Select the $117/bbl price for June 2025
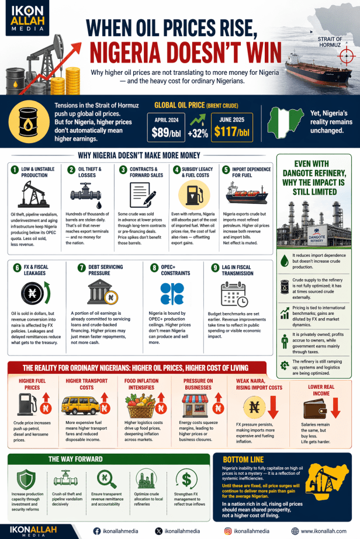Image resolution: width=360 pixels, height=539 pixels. [231, 132]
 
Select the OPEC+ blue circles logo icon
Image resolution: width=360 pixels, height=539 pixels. [172, 293]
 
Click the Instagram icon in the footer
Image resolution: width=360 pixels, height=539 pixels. [228, 531]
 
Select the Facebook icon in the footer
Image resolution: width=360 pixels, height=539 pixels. [97, 531]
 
